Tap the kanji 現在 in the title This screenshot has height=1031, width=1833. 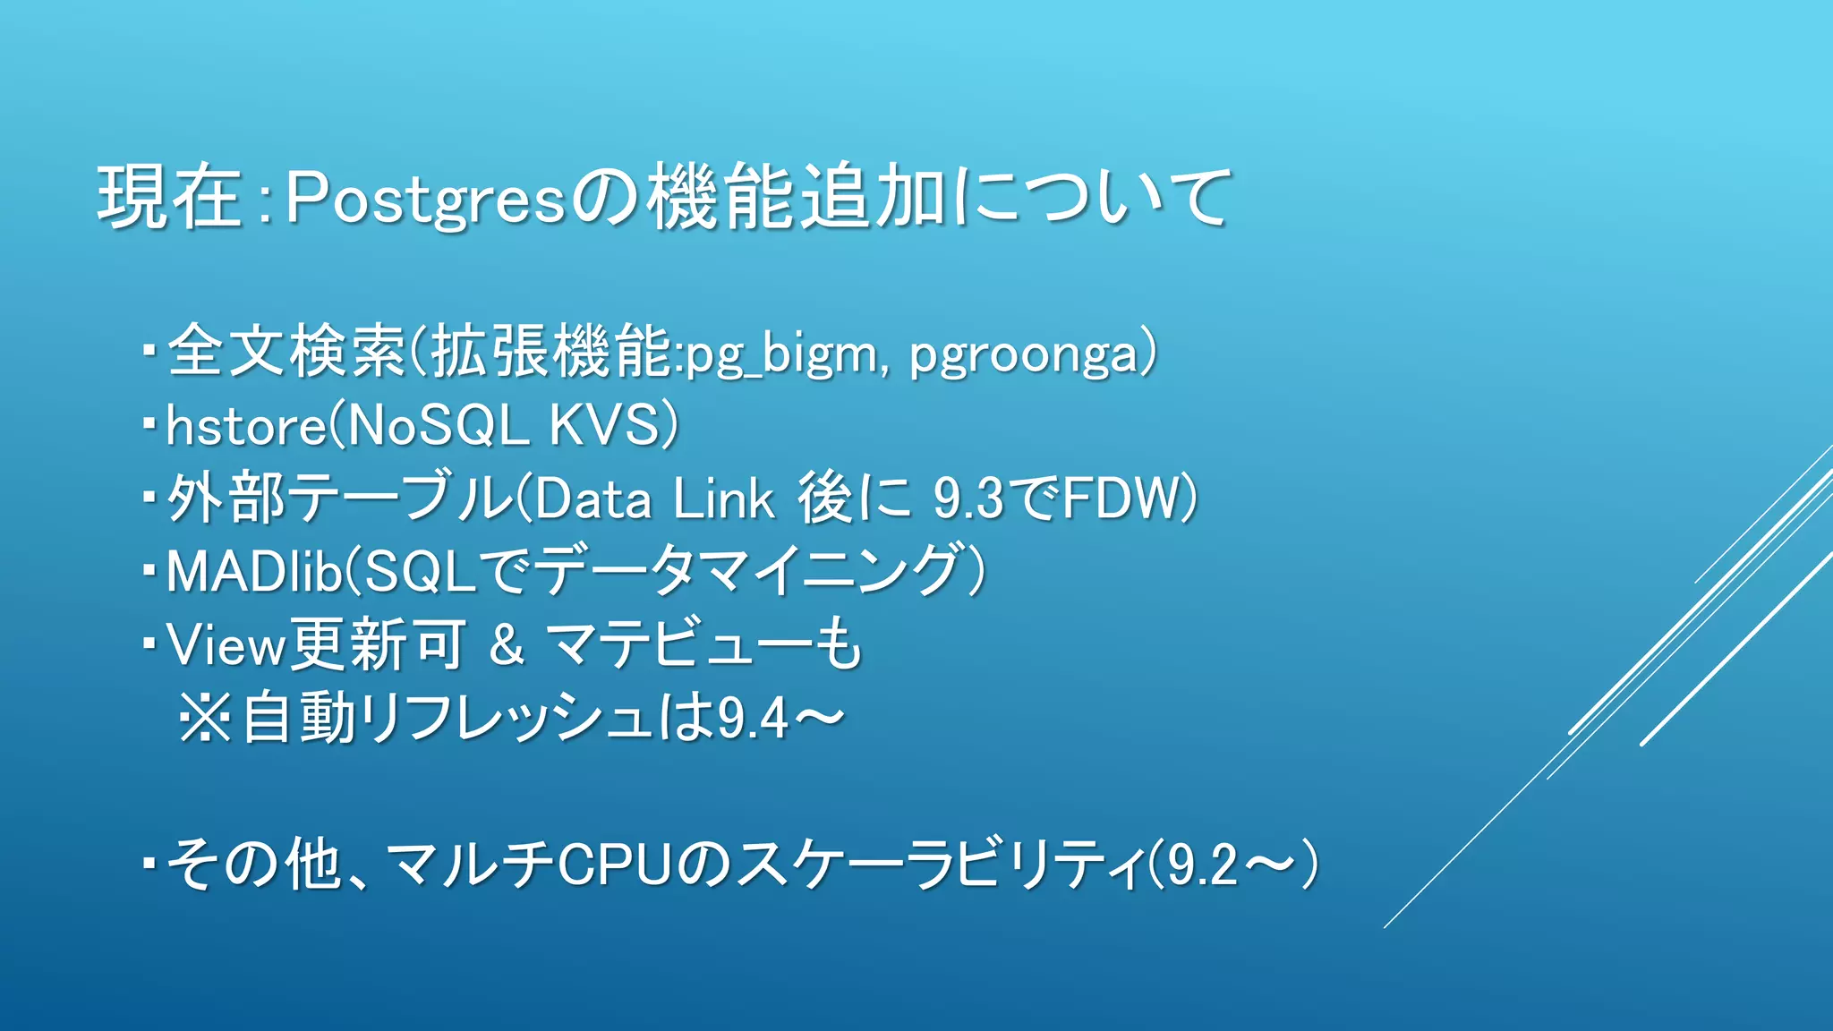[169, 197]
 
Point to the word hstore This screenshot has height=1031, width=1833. [246, 426]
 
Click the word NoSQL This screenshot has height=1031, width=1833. [438, 424]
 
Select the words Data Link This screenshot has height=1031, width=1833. [654, 498]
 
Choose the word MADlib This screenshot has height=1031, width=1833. [254, 572]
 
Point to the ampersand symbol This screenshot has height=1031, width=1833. [507, 644]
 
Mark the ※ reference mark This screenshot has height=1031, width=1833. [205, 718]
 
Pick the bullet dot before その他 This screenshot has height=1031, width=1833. [149, 865]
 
